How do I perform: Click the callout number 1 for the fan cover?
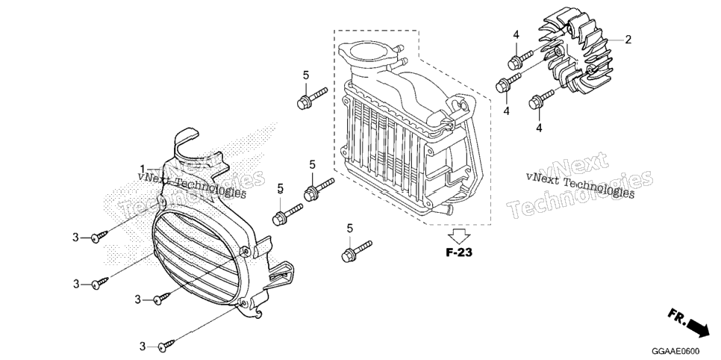(x=143, y=169)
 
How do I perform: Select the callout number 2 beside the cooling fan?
(x=628, y=40)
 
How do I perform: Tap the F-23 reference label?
(x=458, y=252)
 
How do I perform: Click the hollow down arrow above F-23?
(x=459, y=237)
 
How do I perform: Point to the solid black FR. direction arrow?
(x=697, y=328)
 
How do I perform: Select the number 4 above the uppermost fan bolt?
(x=516, y=35)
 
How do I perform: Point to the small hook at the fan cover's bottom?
(x=259, y=314)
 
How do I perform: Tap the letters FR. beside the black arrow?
(x=676, y=315)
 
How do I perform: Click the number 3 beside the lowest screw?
(x=143, y=347)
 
